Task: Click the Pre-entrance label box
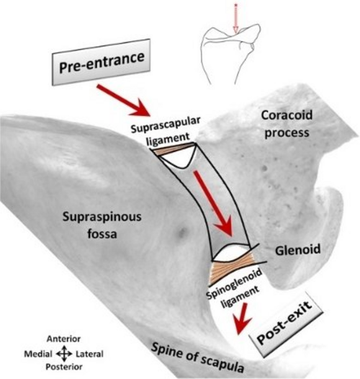(x=101, y=62)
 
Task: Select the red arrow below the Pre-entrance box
(x=124, y=100)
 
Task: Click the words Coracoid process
(x=287, y=124)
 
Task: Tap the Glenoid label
(x=297, y=250)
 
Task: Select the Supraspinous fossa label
(x=102, y=225)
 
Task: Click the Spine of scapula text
(x=197, y=358)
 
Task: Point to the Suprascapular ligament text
(x=166, y=132)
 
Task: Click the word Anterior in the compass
(x=64, y=339)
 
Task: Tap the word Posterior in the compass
(x=64, y=367)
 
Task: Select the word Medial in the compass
(x=38, y=355)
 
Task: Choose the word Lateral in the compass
(x=89, y=355)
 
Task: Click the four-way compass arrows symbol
(x=64, y=354)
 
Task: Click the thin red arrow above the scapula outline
(x=236, y=18)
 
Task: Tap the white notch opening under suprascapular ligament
(x=179, y=159)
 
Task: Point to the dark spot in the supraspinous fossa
(x=182, y=233)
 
